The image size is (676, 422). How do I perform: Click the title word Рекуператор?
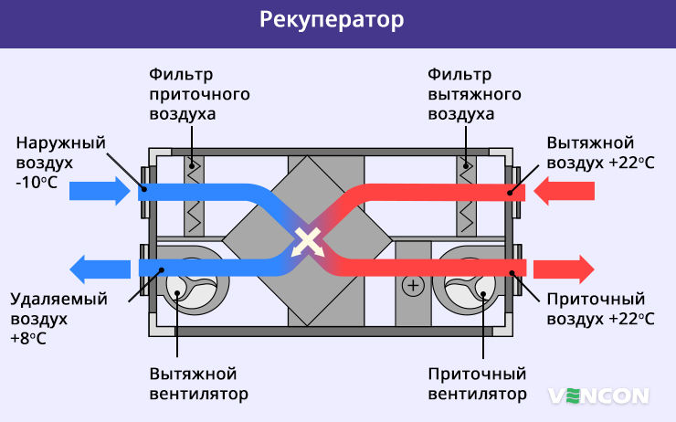[x=337, y=20]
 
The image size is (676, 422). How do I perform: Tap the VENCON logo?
[x=598, y=395]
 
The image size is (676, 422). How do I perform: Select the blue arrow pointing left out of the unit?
[x=100, y=269]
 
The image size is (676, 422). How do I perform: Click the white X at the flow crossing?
[x=309, y=242]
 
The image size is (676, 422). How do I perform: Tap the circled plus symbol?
[x=413, y=286]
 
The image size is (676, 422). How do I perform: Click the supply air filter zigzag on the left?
[x=195, y=196]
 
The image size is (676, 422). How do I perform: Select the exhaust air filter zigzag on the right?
[x=468, y=196]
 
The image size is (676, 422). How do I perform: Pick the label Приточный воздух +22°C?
[x=600, y=309]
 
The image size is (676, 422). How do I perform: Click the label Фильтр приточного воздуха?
[x=199, y=94]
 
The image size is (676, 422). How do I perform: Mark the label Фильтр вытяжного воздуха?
[x=474, y=94]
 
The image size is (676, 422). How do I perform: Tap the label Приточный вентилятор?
[x=477, y=385]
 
